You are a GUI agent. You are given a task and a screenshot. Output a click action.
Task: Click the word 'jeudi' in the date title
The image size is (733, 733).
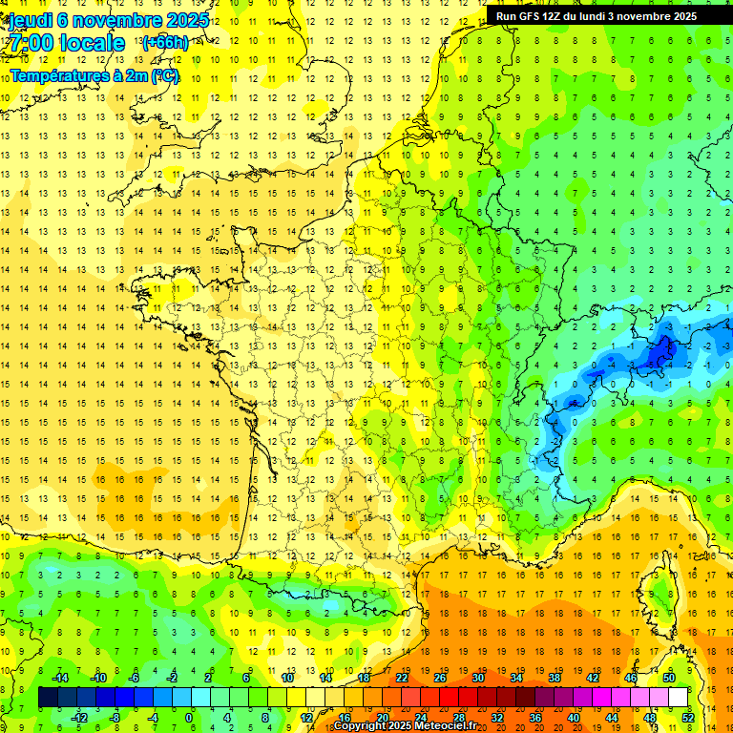(x=29, y=20)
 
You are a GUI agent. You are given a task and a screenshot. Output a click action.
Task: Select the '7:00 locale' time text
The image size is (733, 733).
(x=65, y=43)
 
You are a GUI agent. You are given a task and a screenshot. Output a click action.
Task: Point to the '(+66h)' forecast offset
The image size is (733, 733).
(x=164, y=43)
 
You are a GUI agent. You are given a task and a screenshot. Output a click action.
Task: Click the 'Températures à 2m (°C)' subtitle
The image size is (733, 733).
(x=94, y=74)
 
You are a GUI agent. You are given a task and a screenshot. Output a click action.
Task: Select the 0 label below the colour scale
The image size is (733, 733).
(x=188, y=718)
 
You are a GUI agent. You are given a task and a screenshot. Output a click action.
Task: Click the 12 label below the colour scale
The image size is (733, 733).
(x=306, y=718)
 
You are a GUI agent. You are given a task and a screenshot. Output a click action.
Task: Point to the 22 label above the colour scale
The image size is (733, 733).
(x=402, y=678)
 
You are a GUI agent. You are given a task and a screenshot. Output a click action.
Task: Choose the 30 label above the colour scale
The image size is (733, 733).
(x=478, y=678)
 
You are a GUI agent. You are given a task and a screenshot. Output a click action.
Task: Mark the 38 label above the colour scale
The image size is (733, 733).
(x=555, y=678)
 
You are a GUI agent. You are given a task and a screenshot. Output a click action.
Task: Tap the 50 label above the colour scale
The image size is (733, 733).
(x=669, y=678)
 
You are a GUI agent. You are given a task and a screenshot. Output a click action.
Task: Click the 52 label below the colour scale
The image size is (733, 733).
(x=688, y=718)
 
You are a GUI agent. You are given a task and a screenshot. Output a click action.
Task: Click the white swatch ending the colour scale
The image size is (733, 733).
(x=679, y=698)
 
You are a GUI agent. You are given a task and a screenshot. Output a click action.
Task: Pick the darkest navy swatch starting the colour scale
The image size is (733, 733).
(x=49, y=698)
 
